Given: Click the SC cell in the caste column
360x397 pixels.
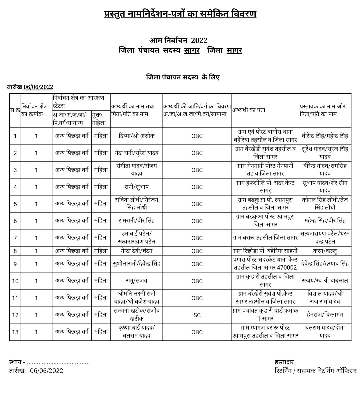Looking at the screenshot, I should (197, 315).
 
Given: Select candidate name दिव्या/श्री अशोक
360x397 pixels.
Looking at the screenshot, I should (136, 136).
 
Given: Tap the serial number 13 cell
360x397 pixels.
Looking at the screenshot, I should (15, 332).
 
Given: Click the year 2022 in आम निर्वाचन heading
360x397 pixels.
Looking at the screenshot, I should (199, 40).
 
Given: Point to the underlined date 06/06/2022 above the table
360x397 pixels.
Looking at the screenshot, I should (38, 87).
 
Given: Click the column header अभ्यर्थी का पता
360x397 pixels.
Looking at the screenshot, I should (249, 110).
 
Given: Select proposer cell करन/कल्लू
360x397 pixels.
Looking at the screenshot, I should (325, 251).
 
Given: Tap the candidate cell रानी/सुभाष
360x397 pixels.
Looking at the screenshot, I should (136, 187).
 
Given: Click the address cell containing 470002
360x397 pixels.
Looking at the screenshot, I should (265, 264).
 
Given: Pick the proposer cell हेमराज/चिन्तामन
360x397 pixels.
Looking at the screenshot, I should (325, 315).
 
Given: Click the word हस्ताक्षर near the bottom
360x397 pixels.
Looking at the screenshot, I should (284, 362).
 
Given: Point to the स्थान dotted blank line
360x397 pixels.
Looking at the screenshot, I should (58, 363).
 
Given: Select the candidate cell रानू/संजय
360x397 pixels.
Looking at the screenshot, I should (136, 281).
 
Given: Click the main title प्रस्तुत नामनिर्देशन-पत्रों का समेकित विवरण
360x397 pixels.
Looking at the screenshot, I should (180, 14).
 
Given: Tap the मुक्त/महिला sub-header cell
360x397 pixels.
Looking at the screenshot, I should (101, 118).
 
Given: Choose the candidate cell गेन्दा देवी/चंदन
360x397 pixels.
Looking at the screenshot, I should (136, 251).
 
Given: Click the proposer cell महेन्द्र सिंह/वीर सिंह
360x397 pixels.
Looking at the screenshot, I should (325, 221).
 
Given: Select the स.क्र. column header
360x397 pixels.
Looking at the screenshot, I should (15, 110).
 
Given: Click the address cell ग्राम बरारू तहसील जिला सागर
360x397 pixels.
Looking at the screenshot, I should (265, 238).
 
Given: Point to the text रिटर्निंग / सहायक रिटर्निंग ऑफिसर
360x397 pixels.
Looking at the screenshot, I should (315, 371).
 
